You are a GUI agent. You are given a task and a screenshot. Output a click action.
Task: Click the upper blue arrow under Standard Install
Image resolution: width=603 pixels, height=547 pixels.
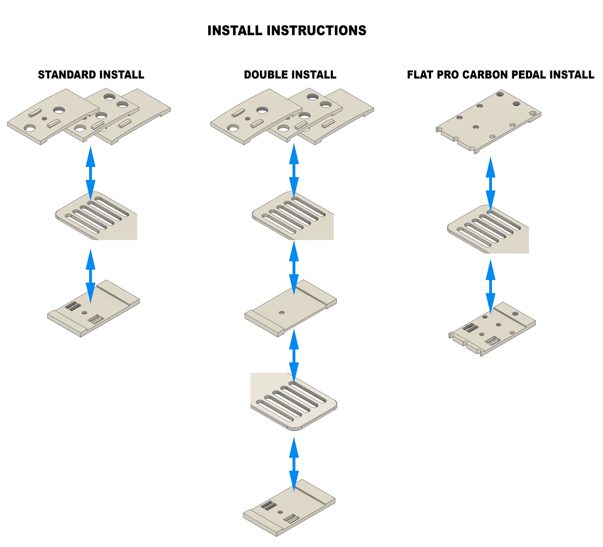tap(90, 173)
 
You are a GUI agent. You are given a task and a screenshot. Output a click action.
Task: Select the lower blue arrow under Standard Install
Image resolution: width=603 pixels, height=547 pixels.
tap(90, 276)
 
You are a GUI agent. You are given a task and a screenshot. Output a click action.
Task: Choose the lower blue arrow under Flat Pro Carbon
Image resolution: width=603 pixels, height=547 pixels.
tap(490, 286)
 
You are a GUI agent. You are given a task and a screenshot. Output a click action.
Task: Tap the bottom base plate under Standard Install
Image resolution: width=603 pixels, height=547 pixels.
tap(93, 310)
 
